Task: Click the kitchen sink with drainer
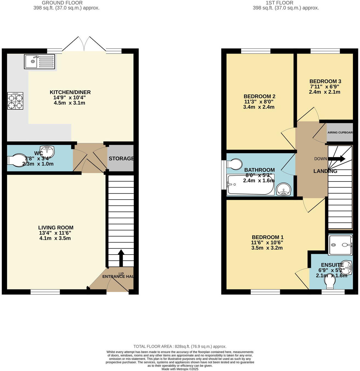coord(40,62)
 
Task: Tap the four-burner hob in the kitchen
coord(15,101)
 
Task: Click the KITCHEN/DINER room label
coord(70,92)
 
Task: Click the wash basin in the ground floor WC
coord(48,150)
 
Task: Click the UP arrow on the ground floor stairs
coord(121,258)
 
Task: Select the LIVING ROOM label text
coord(56,228)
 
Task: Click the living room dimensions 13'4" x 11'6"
coord(55,233)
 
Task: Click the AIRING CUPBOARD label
coord(340,132)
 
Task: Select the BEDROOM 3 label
coord(325,81)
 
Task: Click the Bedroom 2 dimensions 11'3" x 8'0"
coord(259,102)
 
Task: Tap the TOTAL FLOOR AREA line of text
coord(180,347)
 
